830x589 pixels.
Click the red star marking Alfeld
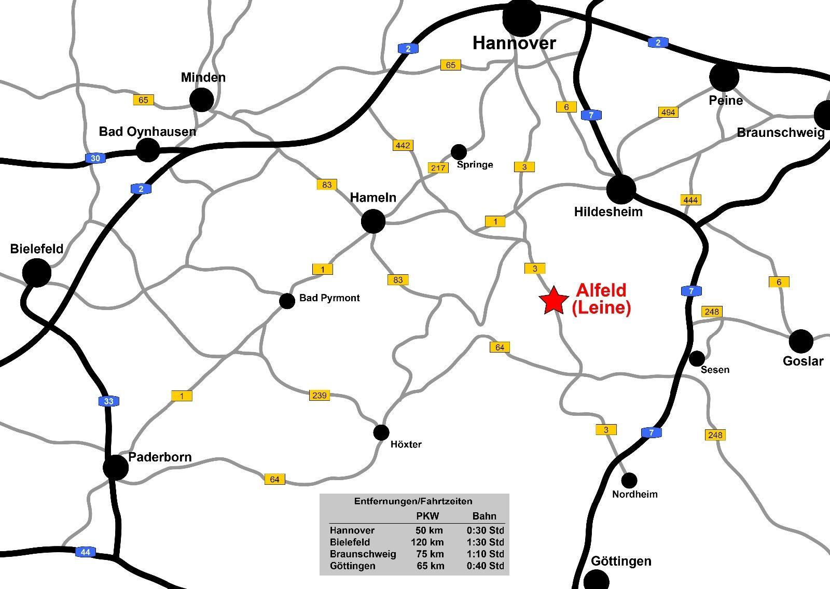(554, 301)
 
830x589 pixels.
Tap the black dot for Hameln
(373, 222)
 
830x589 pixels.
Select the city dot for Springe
(459, 152)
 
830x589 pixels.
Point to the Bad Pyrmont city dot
(287, 301)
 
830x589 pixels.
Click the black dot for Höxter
(381, 432)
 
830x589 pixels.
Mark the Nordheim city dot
(629, 480)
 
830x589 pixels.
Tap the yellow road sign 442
(403, 145)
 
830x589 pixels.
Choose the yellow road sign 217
(438, 168)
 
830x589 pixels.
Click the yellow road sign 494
(668, 112)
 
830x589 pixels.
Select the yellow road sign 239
(319, 395)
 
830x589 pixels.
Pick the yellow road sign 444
(690, 200)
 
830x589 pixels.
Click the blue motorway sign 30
(95, 158)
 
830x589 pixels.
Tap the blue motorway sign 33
(108, 401)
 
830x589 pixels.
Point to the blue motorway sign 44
(85, 552)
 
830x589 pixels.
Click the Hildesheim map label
(608, 212)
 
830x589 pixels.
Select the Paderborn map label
(160, 457)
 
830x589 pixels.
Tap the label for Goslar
(803, 361)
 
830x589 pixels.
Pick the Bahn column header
(484, 516)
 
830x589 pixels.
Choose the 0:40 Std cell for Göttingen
(485, 566)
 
